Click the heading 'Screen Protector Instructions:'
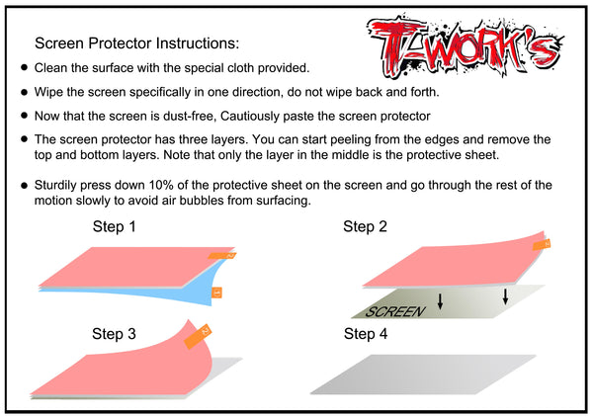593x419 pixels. [136, 43]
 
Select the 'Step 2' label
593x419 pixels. [366, 227]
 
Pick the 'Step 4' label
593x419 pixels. [366, 334]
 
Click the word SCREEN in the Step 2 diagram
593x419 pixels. [394, 311]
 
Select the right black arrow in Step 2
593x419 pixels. [505, 294]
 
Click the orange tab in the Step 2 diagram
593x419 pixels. [543, 243]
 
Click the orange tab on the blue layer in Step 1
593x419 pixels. [216, 292]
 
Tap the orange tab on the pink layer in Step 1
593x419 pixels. [226, 257]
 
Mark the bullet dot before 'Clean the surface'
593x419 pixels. [25, 68]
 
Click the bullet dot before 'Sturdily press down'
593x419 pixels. [25, 185]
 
